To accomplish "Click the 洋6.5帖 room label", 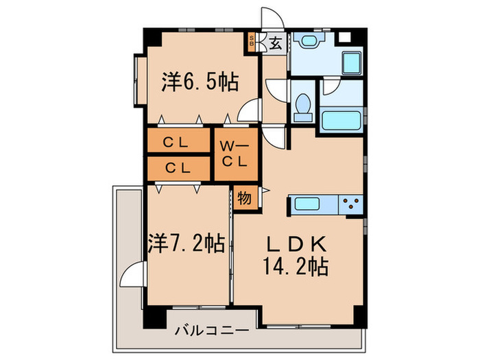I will pyautogui.click(x=200, y=83).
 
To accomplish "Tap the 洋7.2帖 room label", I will pyautogui.click(x=186, y=243).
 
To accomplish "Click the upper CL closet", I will pyautogui.click(x=177, y=142).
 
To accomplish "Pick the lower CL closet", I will pyautogui.click(x=177, y=167).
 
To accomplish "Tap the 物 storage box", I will pyautogui.click(x=243, y=197).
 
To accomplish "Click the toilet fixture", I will pyautogui.click(x=302, y=106).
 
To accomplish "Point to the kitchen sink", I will pyautogui.click(x=304, y=203).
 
